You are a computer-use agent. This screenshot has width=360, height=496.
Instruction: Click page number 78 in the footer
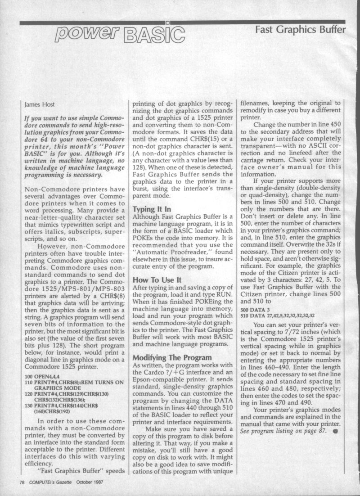22,482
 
